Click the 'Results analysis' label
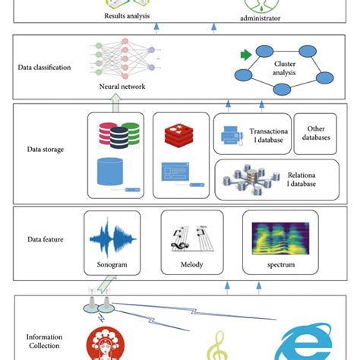pos(127,14)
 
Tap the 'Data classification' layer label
pos(44,67)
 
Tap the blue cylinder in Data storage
pos(112,172)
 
